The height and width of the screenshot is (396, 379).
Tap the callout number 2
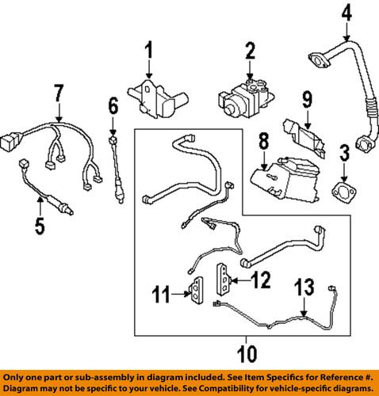coord(249,54)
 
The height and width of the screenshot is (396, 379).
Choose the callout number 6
coord(113,105)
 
